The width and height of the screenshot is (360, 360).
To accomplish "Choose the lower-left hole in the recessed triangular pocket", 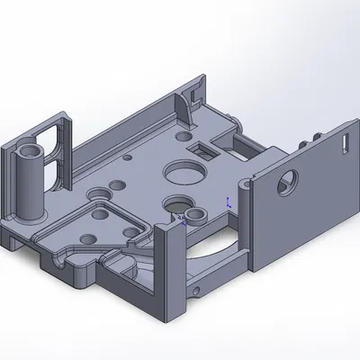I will point(88,237).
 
